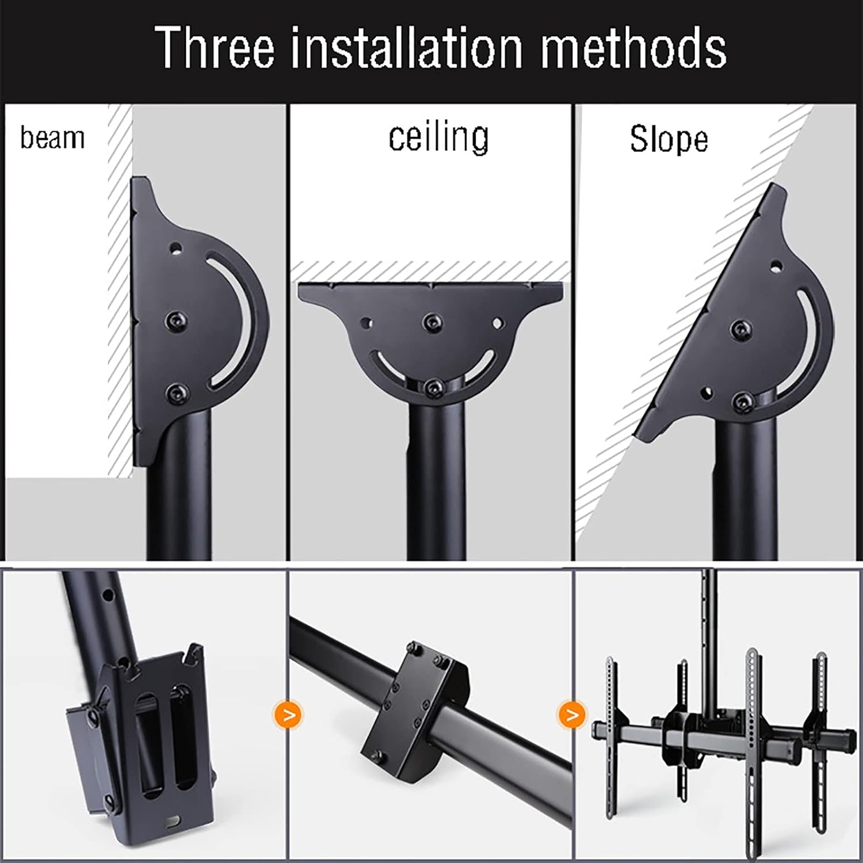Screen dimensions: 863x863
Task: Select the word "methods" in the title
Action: [x=633, y=47]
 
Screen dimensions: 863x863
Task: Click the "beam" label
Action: [x=52, y=139]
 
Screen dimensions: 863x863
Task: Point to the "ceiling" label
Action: [x=438, y=138]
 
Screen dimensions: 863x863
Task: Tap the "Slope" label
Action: [x=669, y=139]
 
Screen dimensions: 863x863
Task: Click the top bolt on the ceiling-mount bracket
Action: [x=430, y=323]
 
